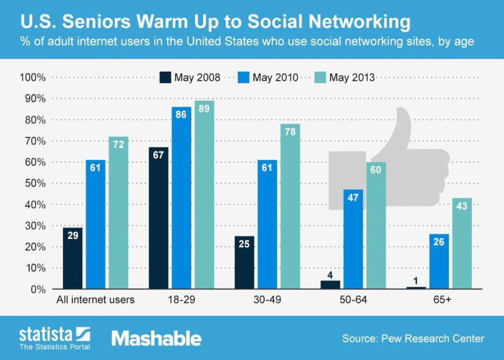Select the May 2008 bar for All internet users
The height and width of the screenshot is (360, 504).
[72, 258]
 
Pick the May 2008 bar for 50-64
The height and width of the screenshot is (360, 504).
[330, 284]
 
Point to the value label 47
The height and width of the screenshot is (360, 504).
[353, 197]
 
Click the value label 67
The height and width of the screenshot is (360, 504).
[158, 156]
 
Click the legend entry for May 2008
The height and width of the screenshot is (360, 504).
[190, 78]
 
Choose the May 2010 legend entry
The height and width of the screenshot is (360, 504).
[269, 78]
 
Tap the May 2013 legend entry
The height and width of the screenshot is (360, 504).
[346, 78]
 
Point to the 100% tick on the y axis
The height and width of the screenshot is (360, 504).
[33, 78]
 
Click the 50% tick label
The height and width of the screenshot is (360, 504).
[35, 183]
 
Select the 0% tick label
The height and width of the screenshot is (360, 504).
[38, 289]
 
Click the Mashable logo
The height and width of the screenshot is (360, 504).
[156, 338]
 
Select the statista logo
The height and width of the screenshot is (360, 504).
[54, 337]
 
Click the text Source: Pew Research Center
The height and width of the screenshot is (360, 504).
[413, 339]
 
